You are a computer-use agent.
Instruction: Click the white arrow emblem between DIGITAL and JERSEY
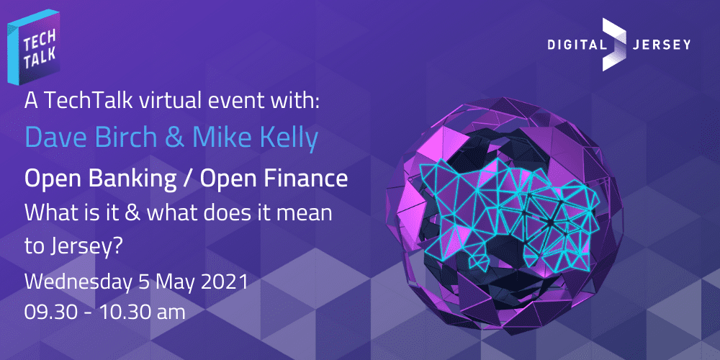pyautogui.click(x=614, y=45)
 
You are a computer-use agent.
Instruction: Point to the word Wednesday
pyautogui.click(x=76, y=281)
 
